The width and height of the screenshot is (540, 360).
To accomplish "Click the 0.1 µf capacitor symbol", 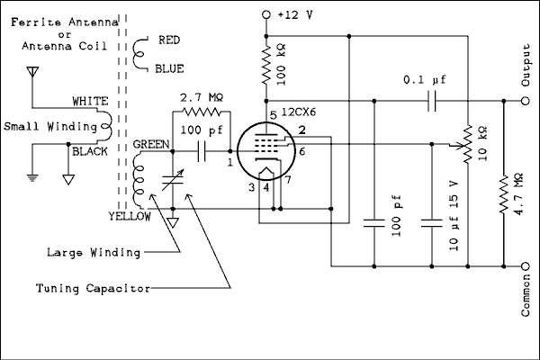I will coord(431,102).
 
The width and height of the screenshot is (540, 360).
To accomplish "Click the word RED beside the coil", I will coord(171,41).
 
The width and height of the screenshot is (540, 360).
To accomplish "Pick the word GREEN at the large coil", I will coord(149,144).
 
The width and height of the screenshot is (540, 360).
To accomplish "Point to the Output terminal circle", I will coord(526,102).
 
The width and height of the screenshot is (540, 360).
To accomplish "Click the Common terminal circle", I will coord(526,266).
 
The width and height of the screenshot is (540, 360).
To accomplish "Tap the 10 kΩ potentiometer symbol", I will coord(468,145).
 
